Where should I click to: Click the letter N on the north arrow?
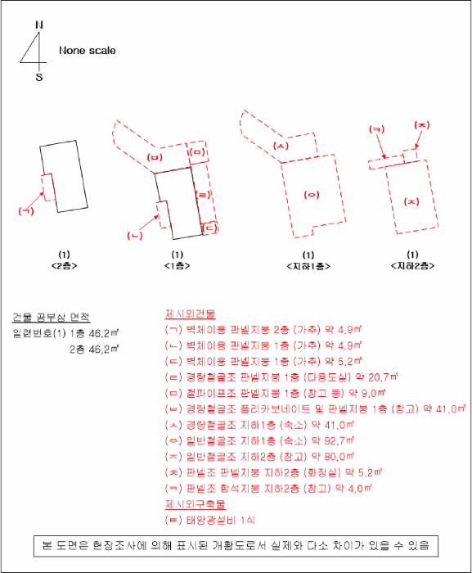pyautogui.click(x=38, y=25)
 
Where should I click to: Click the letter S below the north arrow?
pyautogui.click(x=38, y=77)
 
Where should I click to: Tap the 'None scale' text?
pyautogui.click(x=87, y=51)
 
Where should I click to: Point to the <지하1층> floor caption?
pyautogui.click(x=308, y=266)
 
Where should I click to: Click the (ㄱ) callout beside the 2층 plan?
pyautogui.click(x=26, y=211)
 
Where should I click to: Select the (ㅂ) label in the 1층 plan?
pyautogui.click(x=154, y=156)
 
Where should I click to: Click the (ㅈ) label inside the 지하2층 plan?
pyautogui.click(x=412, y=201)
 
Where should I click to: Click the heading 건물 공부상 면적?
pyautogui.click(x=51, y=318)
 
